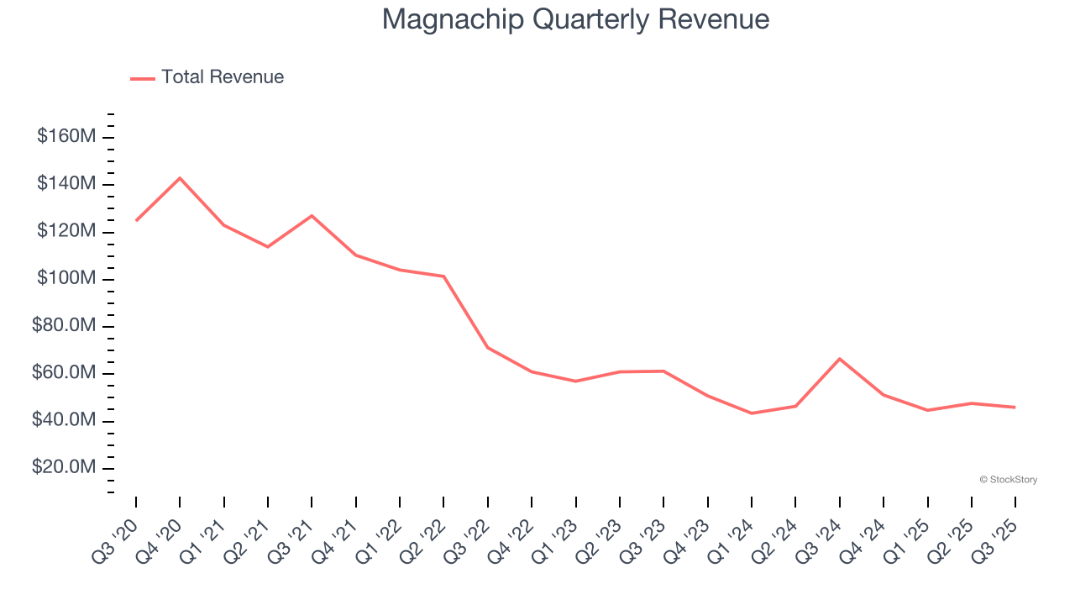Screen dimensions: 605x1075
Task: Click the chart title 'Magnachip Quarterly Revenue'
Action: tap(575, 19)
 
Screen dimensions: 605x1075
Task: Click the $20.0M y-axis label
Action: tap(65, 467)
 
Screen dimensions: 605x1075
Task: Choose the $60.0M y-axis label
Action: tap(65, 373)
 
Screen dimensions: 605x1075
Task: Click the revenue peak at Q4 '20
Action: tap(180, 178)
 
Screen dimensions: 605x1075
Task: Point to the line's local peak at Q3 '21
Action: tap(312, 216)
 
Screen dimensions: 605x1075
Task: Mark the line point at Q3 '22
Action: tap(488, 347)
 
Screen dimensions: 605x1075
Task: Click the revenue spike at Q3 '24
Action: tap(840, 359)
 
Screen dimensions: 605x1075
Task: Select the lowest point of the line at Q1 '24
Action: tap(752, 413)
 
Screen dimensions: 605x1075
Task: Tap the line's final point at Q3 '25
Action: tap(1015, 408)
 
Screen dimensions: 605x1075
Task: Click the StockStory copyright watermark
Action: tap(1008, 480)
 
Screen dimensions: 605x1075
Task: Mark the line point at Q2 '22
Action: tap(443, 276)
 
